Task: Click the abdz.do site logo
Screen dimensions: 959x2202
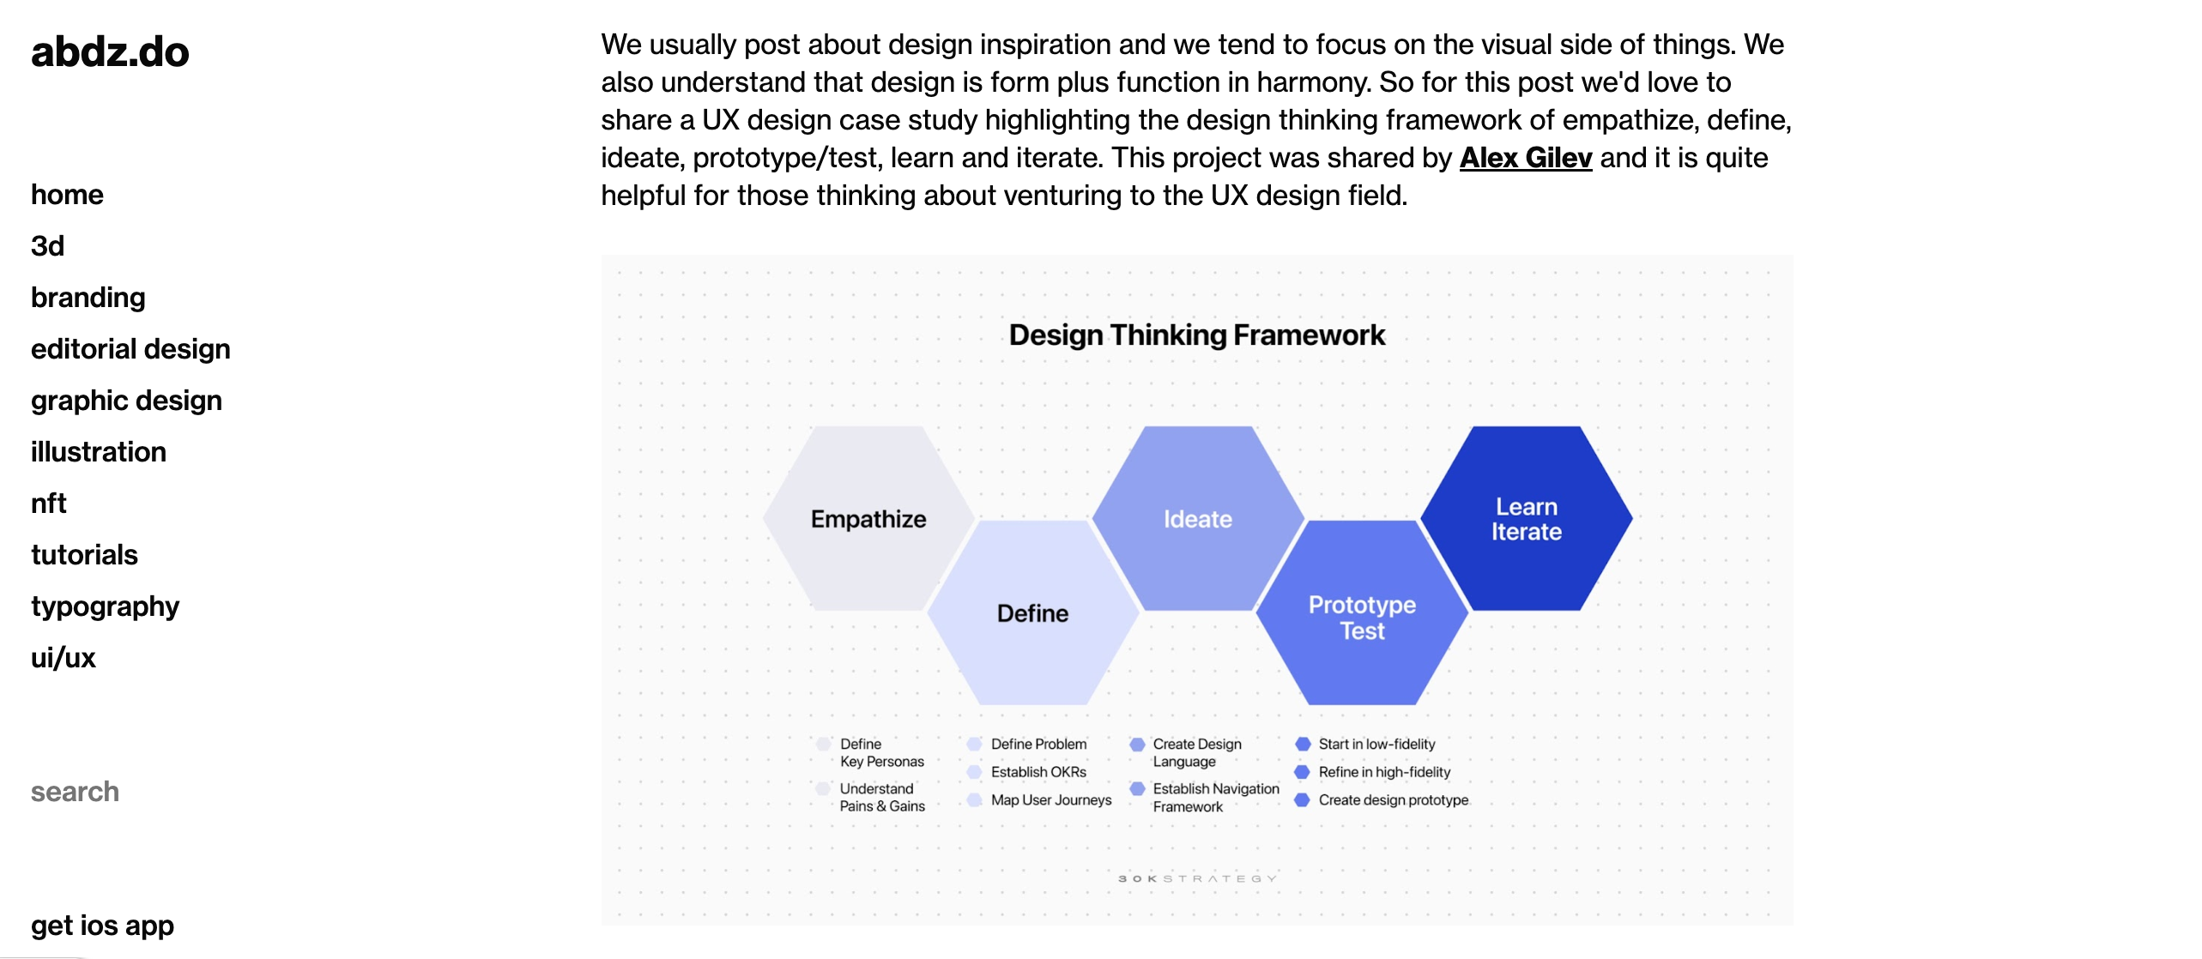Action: (x=110, y=52)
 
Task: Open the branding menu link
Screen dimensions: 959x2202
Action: (x=88, y=298)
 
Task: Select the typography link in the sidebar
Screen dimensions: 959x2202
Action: (x=105, y=606)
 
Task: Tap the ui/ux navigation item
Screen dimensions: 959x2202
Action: (x=63, y=658)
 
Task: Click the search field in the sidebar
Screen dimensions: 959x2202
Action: (x=76, y=792)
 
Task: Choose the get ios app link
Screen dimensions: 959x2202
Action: (x=102, y=926)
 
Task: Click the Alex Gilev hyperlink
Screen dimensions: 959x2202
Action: (x=1525, y=158)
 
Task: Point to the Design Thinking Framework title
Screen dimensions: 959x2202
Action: (x=1196, y=335)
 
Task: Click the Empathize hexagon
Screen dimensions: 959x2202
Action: (x=868, y=519)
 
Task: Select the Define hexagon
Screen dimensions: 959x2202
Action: (x=1032, y=613)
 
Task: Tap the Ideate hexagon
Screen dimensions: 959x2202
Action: (x=1197, y=519)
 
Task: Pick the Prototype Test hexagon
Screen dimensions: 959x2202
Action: (x=1362, y=617)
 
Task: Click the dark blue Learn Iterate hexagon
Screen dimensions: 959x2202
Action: (x=1526, y=519)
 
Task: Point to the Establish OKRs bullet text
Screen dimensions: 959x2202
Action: (x=1038, y=772)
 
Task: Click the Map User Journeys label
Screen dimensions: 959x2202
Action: (x=1050, y=800)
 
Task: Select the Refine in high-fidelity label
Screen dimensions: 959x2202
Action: (x=1383, y=772)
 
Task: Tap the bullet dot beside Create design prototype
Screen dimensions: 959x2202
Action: (x=1302, y=800)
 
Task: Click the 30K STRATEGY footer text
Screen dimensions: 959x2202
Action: (x=1196, y=878)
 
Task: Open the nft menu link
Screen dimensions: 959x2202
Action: (x=48, y=504)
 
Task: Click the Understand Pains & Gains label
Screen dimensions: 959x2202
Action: (x=881, y=798)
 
